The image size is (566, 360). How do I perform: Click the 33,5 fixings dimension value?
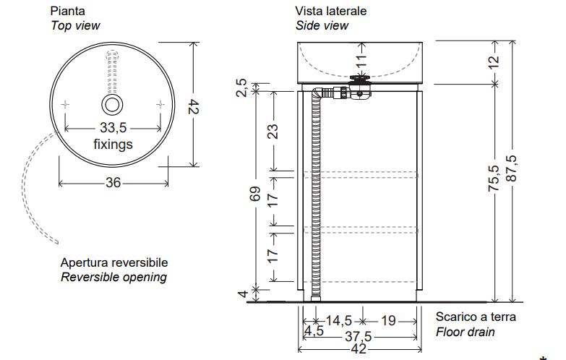113,128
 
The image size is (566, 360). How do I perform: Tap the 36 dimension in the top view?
113,182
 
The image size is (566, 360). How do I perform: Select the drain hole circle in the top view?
112,105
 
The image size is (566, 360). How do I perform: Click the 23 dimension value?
273,131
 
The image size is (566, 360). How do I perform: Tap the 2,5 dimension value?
242,87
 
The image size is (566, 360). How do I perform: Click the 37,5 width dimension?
357,335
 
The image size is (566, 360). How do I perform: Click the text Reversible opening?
113,277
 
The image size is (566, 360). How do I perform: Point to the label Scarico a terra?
476,317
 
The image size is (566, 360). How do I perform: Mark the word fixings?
113,144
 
